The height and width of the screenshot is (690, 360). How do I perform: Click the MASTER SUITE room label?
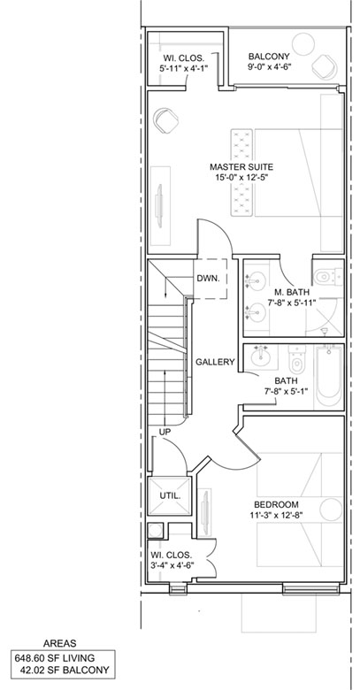pos(241,167)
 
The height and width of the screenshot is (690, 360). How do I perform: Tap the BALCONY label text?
pos(269,57)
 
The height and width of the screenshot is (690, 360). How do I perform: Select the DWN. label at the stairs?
pos(210,278)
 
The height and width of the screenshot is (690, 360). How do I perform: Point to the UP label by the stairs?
pos(165,432)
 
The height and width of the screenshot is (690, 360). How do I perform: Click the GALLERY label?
pos(215,362)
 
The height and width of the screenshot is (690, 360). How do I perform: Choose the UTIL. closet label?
pos(170,495)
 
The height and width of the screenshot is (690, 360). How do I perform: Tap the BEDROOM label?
pos(276,505)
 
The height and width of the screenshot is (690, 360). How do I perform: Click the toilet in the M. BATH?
pos(328,276)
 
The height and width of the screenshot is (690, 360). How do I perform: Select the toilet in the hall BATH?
pos(296,359)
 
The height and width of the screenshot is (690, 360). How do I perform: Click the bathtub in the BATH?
pos(329,378)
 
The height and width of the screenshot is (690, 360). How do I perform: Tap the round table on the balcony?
pos(303,44)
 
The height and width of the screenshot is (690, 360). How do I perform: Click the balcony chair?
pos(325,66)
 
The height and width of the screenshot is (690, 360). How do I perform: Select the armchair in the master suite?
pos(166,120)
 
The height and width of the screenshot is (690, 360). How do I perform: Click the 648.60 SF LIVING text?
pos(55,658)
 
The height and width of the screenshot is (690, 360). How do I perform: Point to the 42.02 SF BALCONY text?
pos(65,671)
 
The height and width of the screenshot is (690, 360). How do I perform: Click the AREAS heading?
pos(60,643)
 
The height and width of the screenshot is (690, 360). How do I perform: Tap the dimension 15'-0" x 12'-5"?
pos(241,177)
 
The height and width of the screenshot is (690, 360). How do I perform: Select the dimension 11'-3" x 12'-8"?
pos(276,515)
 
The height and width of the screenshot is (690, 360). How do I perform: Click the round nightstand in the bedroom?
pos(331,510)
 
